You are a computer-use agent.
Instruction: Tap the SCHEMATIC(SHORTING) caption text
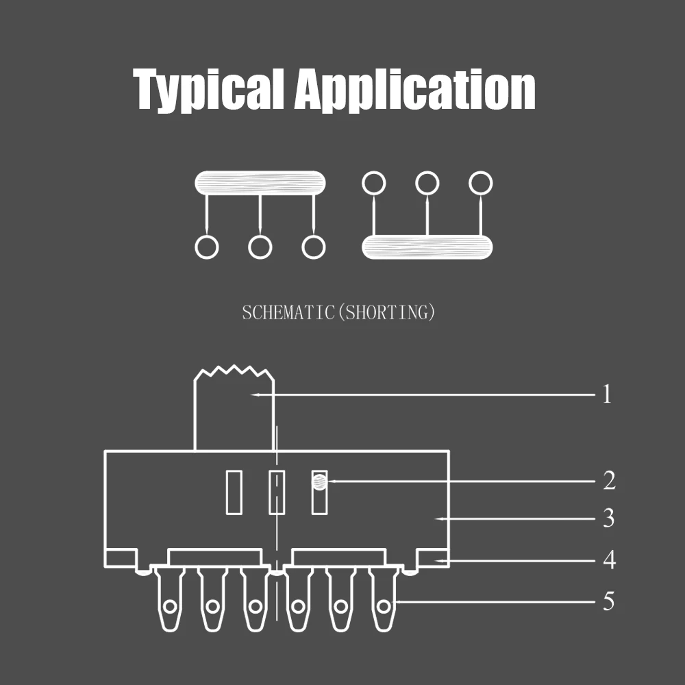click(338, 313)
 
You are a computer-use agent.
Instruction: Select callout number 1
click(606, 395)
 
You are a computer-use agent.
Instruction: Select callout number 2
click(608, 481)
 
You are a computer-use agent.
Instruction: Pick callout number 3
click(608, 519)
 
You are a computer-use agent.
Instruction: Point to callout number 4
click(608, 561)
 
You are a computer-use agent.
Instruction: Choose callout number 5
click(608, 602)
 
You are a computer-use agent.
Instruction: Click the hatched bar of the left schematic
click(260, 183)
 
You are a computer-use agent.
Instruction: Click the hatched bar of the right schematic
click(427, 247)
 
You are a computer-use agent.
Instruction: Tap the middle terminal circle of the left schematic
click(260, 247)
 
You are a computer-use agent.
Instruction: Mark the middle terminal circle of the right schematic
click(427, 183)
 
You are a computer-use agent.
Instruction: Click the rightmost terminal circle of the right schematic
click(481, 183)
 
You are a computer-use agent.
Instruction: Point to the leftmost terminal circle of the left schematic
click(207, 247)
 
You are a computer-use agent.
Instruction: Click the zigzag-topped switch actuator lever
click(234, 411)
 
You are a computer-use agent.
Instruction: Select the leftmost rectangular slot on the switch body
click(234, 492)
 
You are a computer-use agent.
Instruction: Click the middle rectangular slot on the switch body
click(276, 492)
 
